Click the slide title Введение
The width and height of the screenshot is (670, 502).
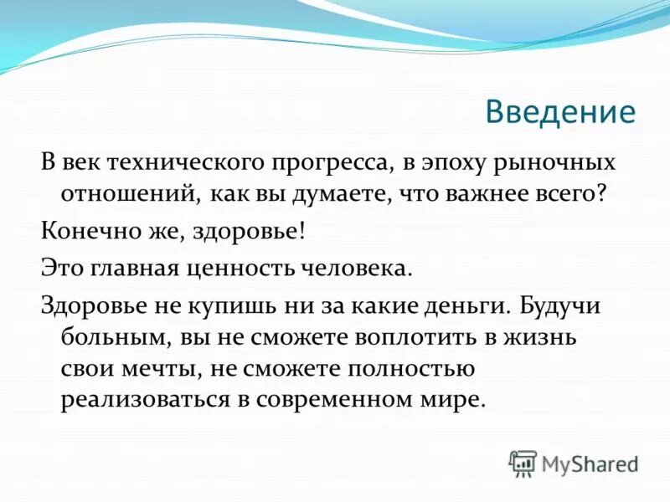coord(560,111)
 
